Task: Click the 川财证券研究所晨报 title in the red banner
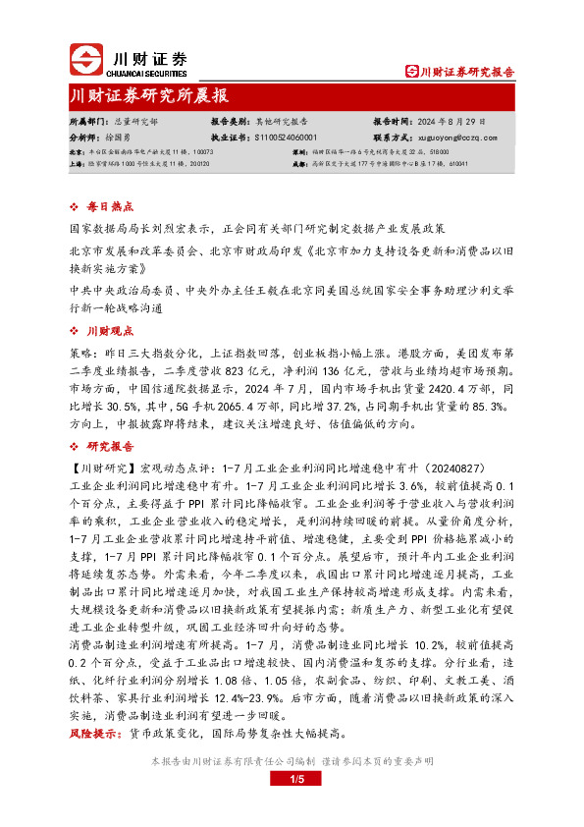(x=149, y=96)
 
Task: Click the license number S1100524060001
(x=286, y=138)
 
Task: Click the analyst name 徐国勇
(x=125, y=138)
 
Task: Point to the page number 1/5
(x=292, y=780)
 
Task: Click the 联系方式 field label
(x=394, y=138)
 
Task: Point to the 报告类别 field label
(x=232, y=121)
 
